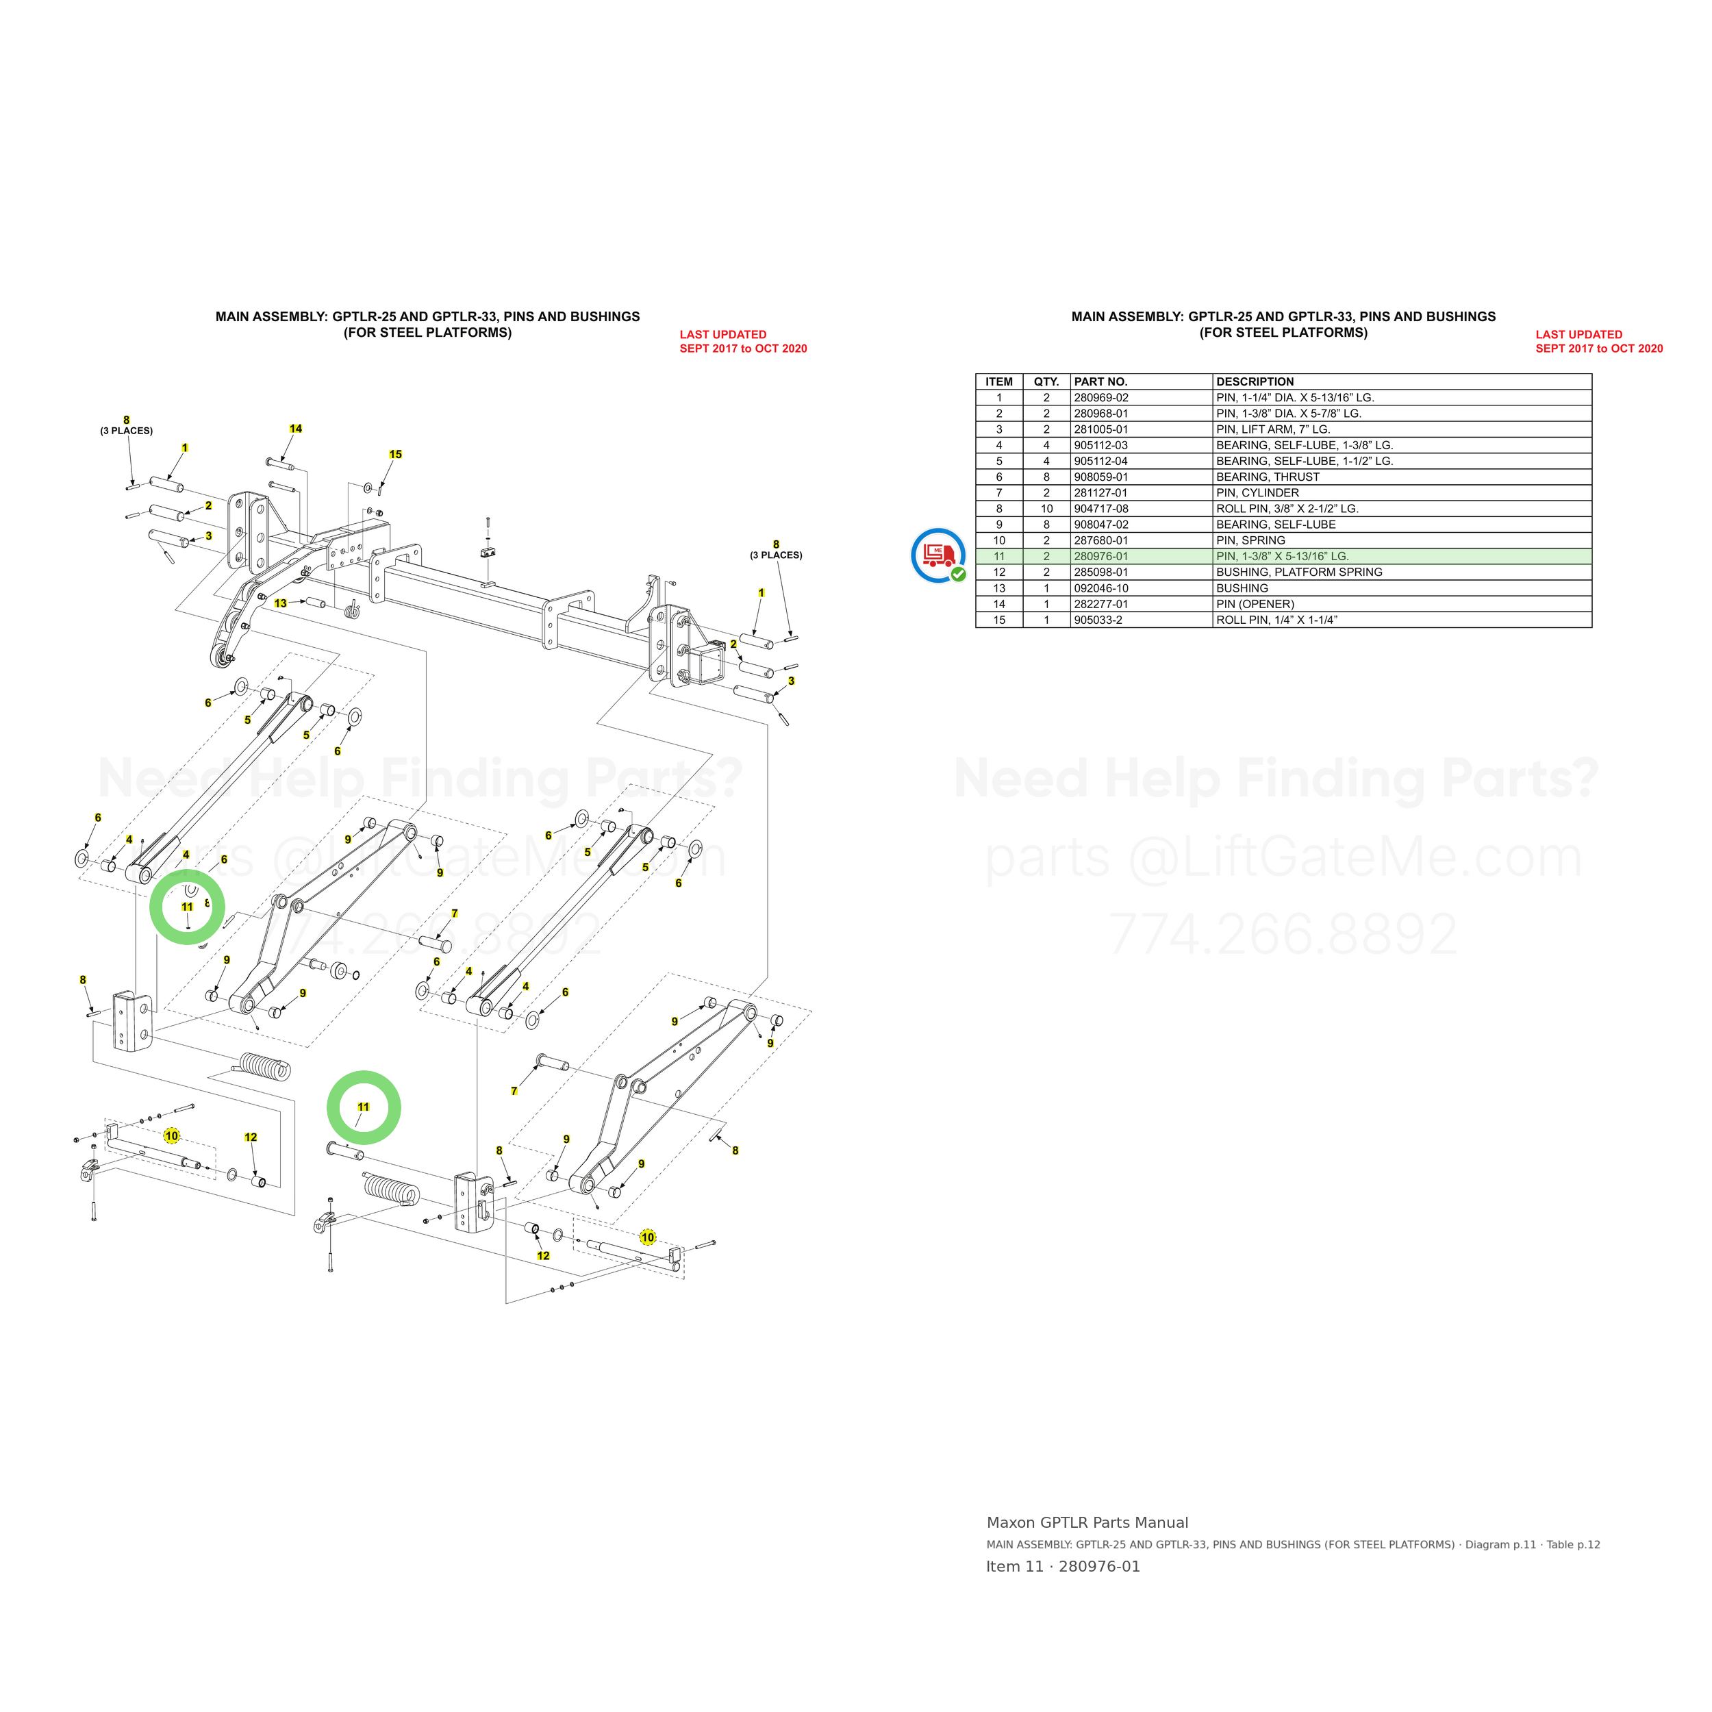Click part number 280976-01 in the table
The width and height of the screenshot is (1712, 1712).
click(1100, 557)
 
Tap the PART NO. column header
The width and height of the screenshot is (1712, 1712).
click(1100, 382)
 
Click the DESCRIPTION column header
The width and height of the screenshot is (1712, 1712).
click(1255, 382)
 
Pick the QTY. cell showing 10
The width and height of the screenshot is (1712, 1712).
click(1046, 509)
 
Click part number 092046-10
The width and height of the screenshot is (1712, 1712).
click(1100, 588)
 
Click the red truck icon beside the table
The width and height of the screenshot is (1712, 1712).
click(937, 555)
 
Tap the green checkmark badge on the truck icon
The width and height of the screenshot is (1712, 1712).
click(958, 575)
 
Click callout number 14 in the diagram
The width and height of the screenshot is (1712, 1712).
click(296, 429)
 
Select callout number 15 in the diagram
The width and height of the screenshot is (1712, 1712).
click(395, 455)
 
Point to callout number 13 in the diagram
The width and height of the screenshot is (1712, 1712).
click(281, 603)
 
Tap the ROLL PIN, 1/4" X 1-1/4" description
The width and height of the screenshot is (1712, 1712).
click(1276, 620)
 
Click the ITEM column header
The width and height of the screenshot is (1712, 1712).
click(998, 382)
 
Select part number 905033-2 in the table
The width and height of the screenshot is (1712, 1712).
click(1098, 620)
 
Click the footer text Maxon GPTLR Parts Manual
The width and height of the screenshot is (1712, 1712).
click(1087, 1522)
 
